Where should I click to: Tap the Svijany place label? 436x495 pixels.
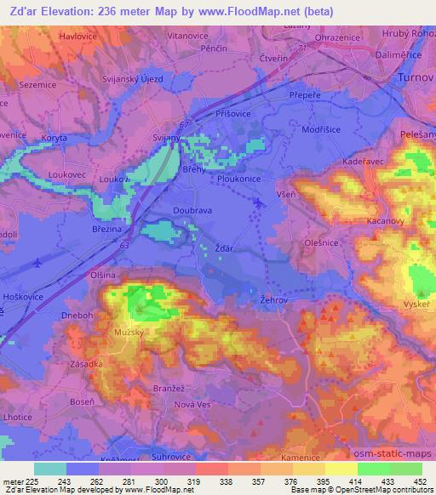tap(165, 138)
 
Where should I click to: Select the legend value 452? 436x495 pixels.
tap(420, 481)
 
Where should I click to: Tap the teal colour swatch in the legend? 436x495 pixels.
tap(49, 469)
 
